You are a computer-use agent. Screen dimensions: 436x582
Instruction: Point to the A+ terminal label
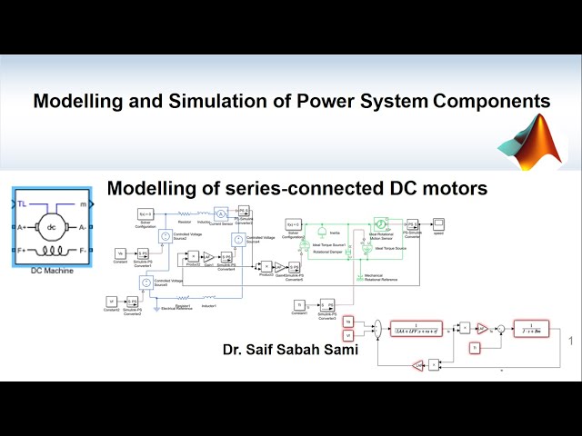pyautogui.click(x=22, y=227)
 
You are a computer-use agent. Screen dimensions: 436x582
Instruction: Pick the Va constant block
pyautogui.click(x=121, y=253)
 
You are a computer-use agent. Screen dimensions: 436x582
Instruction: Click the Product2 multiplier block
pyautogui.click(x=193, y=257)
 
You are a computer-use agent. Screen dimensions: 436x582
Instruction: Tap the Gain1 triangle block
pyautogui.click(x=208, y=257)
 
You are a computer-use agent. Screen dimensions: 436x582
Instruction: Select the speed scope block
pyautogui.click(x=438, y=223)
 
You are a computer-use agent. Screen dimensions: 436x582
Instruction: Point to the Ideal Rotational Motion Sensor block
pyautogui.click(x=382, y=223)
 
